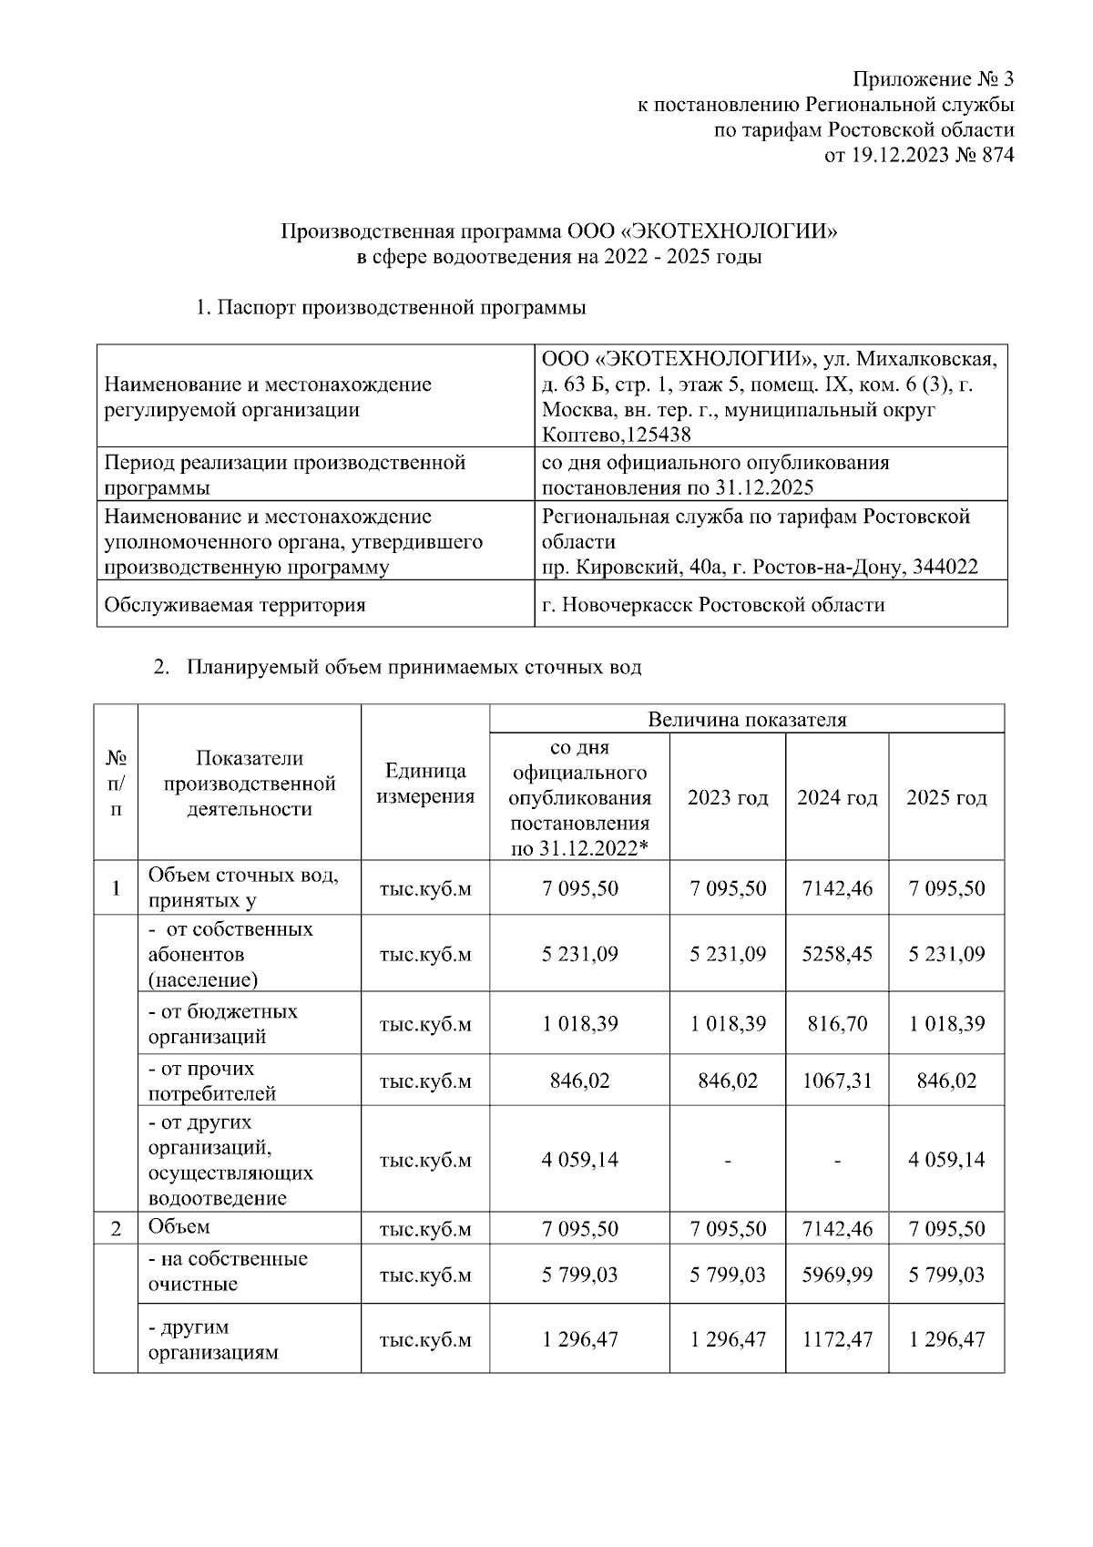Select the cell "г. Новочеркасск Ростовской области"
tap(712, 605)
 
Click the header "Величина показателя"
tap(746, 720)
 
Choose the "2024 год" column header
tap(836, 798)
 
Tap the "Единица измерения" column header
tap(425, 784)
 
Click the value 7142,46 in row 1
tap(836, 888)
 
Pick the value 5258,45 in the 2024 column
tap(836, 954)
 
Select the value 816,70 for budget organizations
tap(836, 1023)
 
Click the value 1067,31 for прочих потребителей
tap(836, 1081)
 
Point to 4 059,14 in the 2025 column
tap(946, 1160)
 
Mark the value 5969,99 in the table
tap(836, 1274)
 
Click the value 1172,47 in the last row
tap(836, 1339)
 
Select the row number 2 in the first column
tap(116, 1229)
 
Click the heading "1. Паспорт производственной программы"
tap(390, 308)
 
